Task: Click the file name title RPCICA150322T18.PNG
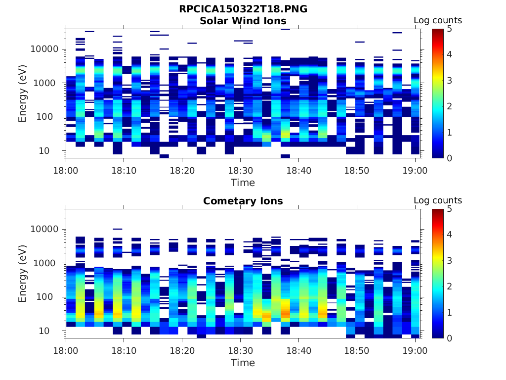point(243,9)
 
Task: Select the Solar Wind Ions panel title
point(243,21)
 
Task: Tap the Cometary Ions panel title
point(243,201)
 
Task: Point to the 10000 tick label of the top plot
point(44,49)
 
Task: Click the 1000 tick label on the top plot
point(47,83)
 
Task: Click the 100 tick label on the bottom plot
point(50,297)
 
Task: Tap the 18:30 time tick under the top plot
point(240,170)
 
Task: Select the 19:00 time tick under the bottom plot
point(415,350)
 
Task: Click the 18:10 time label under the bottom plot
point(124,350)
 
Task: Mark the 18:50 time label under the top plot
point(357,170)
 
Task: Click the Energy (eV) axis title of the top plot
point(23,94)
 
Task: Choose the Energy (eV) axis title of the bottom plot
point(23,274)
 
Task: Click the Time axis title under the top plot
point(243,183)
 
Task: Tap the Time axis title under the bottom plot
point(243,363)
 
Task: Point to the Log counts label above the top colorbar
point(437,20)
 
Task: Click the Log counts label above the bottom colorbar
point(437,200)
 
